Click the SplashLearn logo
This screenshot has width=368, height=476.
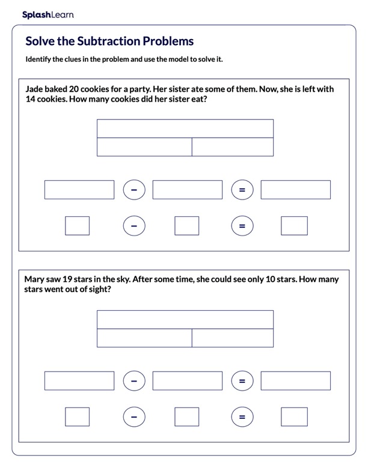pos(48,14)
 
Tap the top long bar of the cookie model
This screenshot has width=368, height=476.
pos(185,129)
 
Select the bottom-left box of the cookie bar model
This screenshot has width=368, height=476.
pos(144,147)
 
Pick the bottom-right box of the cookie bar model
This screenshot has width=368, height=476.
pos(233,147)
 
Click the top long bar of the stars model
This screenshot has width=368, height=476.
pos(185,319)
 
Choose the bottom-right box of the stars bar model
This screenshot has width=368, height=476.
pos(233,338)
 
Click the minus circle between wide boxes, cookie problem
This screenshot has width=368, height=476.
pos(134,190)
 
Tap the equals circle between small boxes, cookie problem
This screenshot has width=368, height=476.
pos(242,226)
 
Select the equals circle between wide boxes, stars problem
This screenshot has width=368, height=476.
pos(242,380)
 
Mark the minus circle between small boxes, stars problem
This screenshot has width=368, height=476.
pos(134,416)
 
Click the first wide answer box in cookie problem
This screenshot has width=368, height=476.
pos(79,190)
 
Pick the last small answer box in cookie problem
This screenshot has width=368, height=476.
pos(294,226)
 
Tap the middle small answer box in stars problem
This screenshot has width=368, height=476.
pos(186,416)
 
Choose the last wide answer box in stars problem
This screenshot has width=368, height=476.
pos(295,380)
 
